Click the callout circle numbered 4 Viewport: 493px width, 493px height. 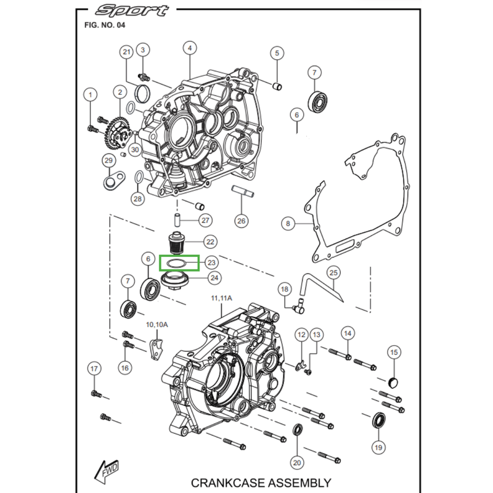pyautogui.click(x=190, y=48)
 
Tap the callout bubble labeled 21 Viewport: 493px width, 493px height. pyautogui.click(x=127, y=52)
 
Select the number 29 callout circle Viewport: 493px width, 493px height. pyautogui.click(x=109, y=161)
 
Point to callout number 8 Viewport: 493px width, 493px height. pyautogui.click(x=287, y=224)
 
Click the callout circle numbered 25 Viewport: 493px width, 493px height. pyautogui.click(x=333, y=272)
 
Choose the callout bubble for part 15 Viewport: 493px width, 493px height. pyautogui.click(x=394, y=352)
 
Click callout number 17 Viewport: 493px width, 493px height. pyautogui.click(x=94, y=369)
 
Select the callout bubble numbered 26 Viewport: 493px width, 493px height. pyautogui.click(x=241, y=220)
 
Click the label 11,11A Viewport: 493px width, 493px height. pyautogui.click(x=221, y=298)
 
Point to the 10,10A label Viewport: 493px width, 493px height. pyautogui.click(x=157, y=325)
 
